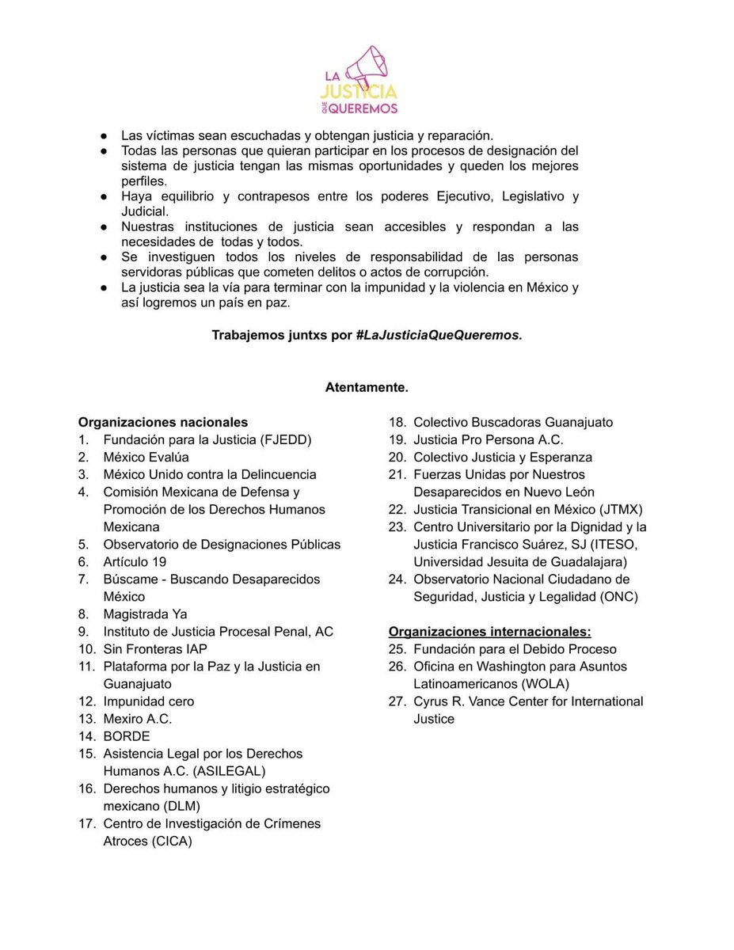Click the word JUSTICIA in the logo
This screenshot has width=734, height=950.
point(359,93)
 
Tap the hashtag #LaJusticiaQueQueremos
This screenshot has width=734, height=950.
point(438,335)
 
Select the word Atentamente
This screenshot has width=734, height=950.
point(367,387)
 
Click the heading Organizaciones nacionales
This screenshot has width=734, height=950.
point(162,422)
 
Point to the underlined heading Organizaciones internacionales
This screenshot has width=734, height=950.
point(489,631)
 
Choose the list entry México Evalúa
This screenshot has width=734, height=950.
point(146,457)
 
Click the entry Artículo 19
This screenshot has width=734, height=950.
point(135,561)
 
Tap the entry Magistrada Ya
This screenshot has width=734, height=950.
point(145,614)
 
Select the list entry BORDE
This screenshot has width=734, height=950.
point(126,735)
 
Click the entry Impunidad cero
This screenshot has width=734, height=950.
point(148,701)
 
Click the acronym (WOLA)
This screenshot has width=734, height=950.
point(542,683)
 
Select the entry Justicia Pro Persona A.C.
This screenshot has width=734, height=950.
point(488,439)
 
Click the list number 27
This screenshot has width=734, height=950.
point(397,701)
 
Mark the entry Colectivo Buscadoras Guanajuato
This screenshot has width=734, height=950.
point(512,422)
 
